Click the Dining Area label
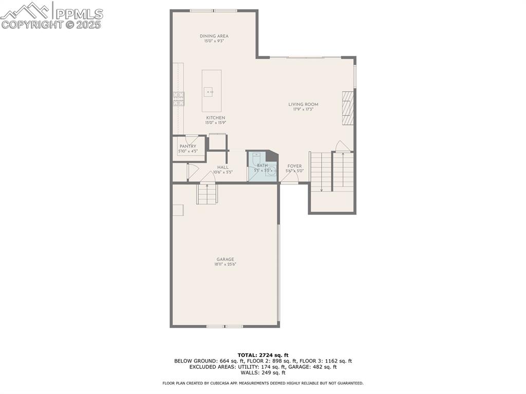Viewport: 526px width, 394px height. click(214, 36)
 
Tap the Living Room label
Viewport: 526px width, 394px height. click(303, 104)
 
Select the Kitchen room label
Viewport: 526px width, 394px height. click(215, 118)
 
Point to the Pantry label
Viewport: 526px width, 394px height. click(187, 146)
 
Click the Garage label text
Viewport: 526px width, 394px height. click(225, 259)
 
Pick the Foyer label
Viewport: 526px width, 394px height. click(294, 166)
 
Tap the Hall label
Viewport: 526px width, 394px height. click(223, 167)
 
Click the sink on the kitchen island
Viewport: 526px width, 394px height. click(209, 92)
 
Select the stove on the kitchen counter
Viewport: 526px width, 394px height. click(178, 99)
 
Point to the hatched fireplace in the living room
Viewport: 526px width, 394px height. click(348, 108)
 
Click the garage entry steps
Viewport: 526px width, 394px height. click(207, 194)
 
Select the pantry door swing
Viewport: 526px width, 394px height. click(192, 139)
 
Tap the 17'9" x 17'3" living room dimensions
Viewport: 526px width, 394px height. click(303, 109)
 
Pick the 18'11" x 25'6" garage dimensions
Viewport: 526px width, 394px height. click(225, 265)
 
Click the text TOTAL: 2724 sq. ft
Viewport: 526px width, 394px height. click(263, 355)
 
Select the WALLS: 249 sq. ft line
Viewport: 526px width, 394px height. click(263, 372)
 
